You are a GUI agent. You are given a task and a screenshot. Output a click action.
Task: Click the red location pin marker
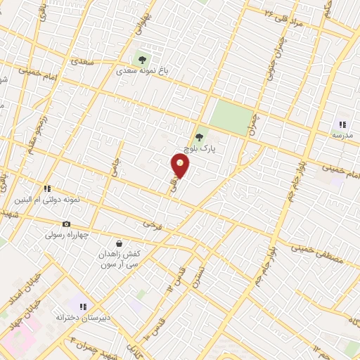(181, 166)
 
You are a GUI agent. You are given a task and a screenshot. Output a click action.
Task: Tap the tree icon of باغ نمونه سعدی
(143, 60)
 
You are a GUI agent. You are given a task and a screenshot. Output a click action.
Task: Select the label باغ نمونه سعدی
(143, 72)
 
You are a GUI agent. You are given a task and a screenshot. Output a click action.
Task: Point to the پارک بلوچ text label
(198, 149)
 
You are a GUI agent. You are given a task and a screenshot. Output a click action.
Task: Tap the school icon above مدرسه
(342, 124)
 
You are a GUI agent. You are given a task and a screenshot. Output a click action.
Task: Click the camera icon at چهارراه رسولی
(66, 224)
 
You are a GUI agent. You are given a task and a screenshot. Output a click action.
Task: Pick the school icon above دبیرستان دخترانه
(83, 307)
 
